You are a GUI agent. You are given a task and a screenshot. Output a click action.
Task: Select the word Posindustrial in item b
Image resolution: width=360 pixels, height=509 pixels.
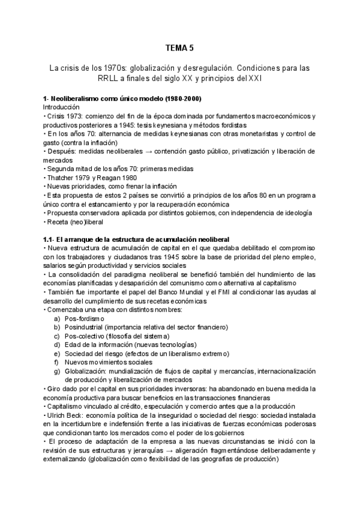tap(83, 327)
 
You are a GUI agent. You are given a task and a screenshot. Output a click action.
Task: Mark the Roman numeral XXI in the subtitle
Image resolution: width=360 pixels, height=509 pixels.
tap(255, 79)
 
